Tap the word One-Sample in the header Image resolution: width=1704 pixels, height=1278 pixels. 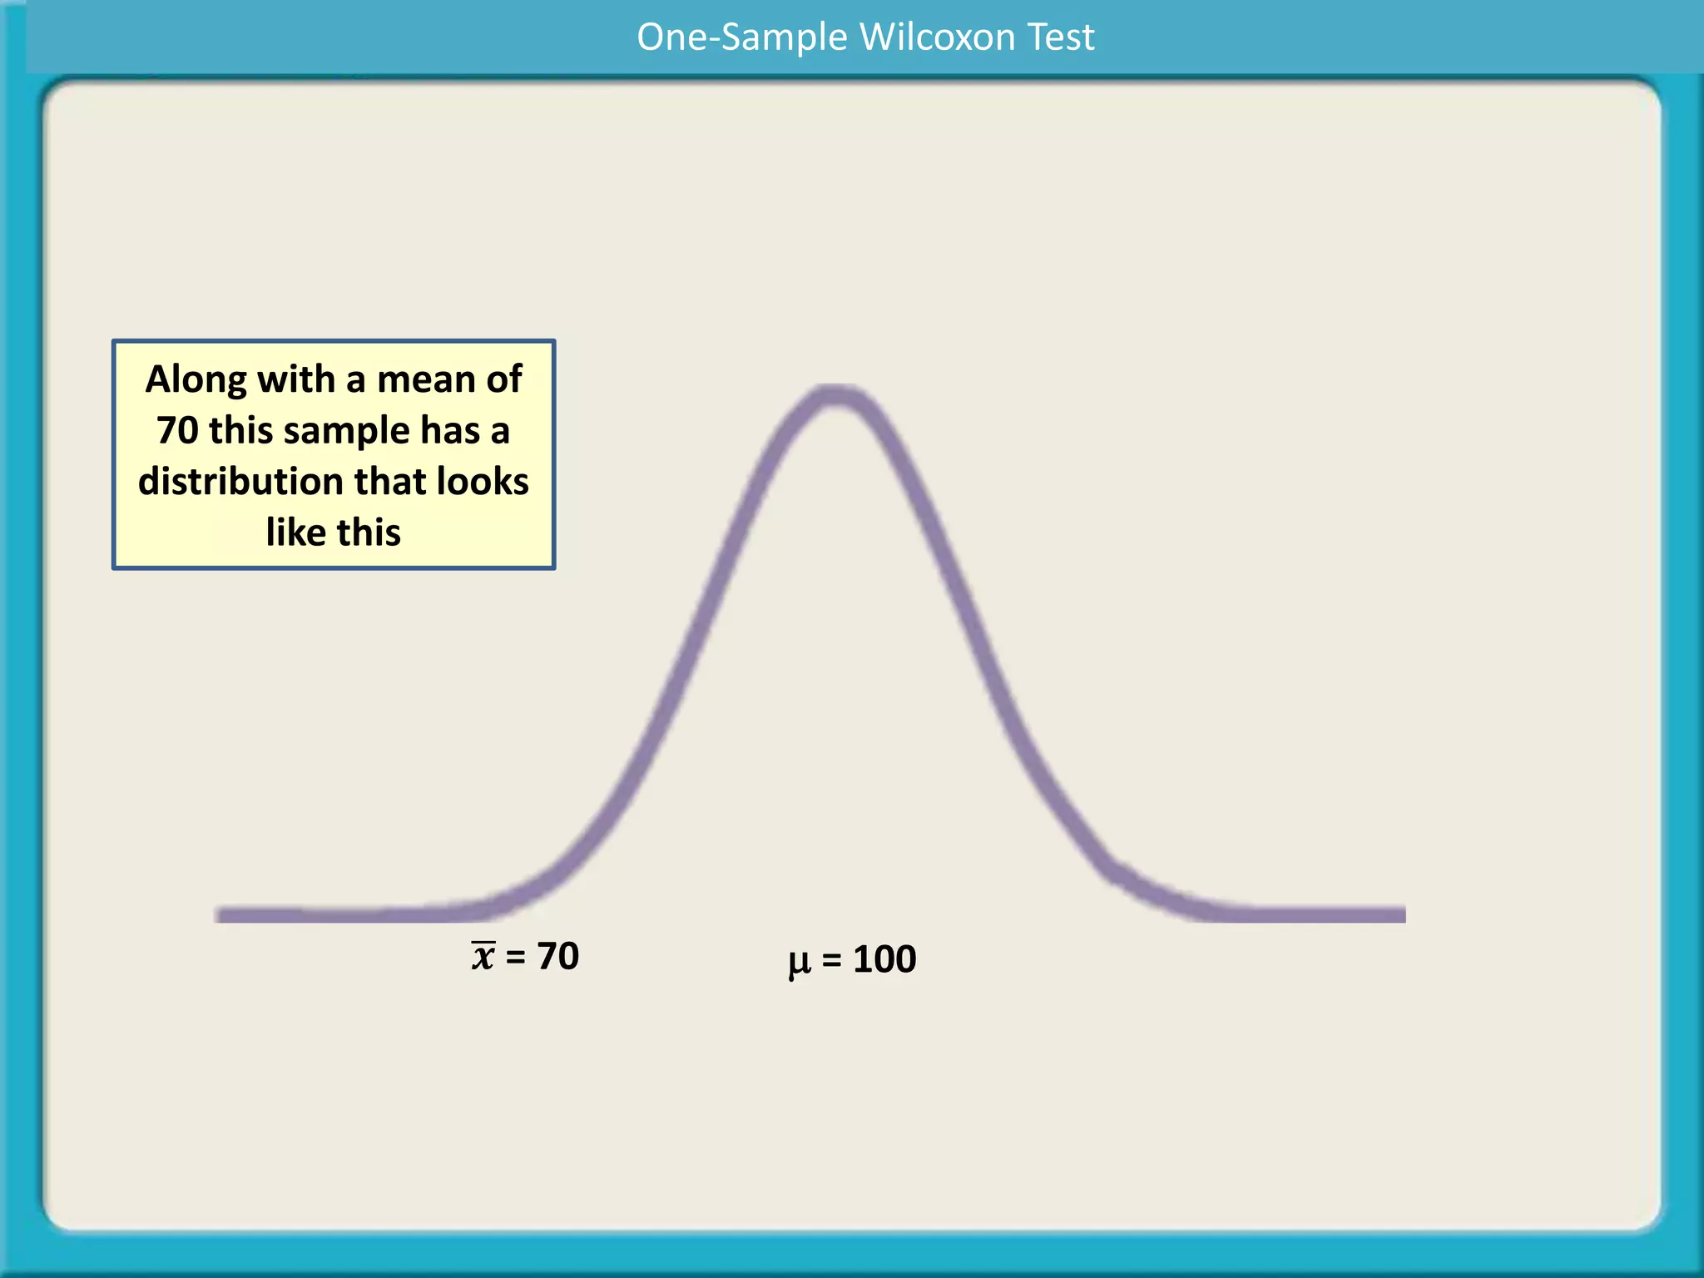click(x=742, y=37)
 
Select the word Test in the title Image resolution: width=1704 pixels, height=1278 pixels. click(x=1060, y=37)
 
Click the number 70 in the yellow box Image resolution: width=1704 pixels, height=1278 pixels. click(x=177, y=431)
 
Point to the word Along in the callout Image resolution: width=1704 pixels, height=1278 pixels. click(x=196, y=380)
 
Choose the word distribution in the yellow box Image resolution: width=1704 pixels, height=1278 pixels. click(x=240, y=482)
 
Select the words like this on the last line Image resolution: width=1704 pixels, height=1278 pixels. click(x=333, y=532)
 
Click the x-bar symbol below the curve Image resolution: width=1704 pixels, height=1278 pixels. click(x=483, y=956)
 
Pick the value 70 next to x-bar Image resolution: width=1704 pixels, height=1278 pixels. click(x=557, y=956)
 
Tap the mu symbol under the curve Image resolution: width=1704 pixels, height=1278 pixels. click(x=799, y=962)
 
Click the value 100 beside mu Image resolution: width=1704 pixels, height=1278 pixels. click(x=884, y=959)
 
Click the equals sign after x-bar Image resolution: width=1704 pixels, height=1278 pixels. click(x=515, y=957)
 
